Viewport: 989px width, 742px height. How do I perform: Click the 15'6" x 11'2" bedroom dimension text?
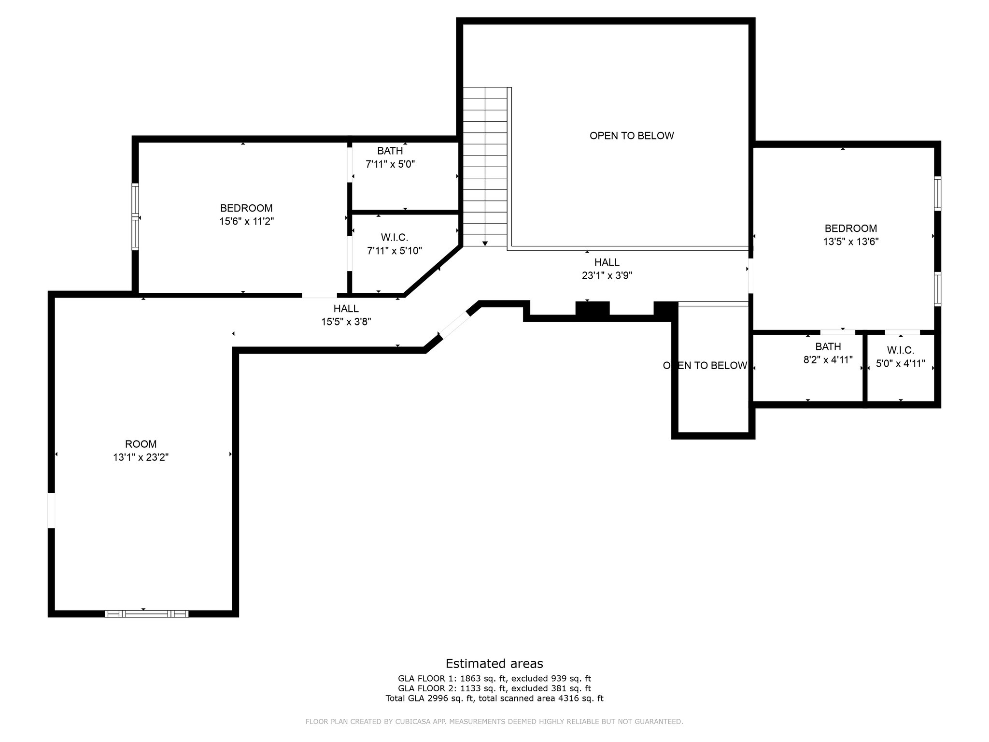point(246,222)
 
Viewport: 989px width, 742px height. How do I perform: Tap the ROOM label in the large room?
point(141,444)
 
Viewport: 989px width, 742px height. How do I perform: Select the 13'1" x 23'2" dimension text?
point(141,457)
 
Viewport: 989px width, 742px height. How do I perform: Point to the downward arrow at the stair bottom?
point(485,243)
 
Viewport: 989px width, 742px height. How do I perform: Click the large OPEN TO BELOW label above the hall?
point(632,136)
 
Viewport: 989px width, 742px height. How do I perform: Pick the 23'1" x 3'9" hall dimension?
point(607,276)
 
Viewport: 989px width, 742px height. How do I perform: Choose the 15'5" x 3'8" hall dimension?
point(346,321)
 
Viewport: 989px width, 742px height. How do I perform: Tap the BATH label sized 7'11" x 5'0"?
point(390,151)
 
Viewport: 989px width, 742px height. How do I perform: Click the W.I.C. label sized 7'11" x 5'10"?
point(395,238)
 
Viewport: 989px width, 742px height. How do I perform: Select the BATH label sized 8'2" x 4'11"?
point(828,346)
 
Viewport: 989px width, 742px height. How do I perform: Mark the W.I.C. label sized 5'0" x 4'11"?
point(901,350)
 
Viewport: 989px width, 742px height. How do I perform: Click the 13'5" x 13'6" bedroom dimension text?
point(851,242)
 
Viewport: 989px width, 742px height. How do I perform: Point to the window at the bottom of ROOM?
point(146,614)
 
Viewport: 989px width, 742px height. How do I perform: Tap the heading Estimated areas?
point(494,663)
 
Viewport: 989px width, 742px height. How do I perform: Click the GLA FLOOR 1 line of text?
point(494,679)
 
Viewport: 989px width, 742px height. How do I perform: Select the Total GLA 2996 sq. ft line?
point(494,698)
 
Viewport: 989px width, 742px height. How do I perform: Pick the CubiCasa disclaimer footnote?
point(494,722)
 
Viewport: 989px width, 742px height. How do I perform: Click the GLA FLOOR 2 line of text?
point(494,688)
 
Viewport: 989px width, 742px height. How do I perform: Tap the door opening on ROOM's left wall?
point(51,511)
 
